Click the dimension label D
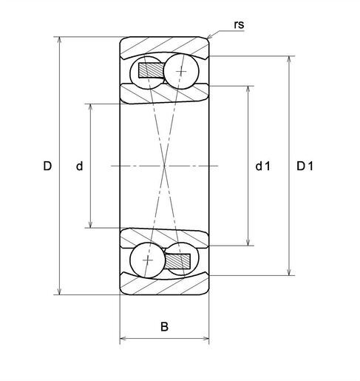(47, 166)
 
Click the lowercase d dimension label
(79, 166)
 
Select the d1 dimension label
(262, 166)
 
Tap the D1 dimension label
(305, 166)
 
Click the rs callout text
(238, 24)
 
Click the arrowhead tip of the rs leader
(209, 38)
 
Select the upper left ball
(147, 71)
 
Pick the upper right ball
(180, 71)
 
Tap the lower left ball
(147, 260)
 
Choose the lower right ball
(180, 260)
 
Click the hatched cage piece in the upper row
(154, 71)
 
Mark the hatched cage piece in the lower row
(177, 260)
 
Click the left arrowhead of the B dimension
(121, 340)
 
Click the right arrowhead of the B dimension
(208, 340)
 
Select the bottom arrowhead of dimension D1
(288, 273)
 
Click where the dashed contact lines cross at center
(164, 166)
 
